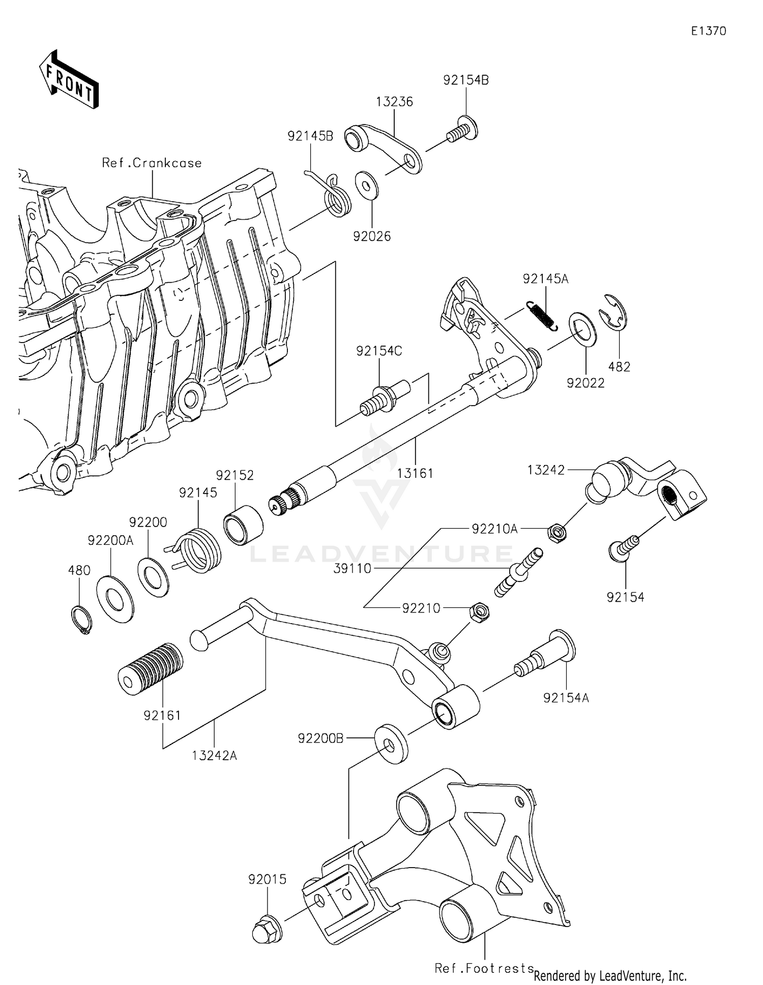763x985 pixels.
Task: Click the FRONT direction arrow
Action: click(69, 80)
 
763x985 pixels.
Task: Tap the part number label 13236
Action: click(394, 102)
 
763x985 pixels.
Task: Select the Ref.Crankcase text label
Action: click(152, 163)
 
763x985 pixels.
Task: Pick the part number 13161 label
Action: click(415, 474)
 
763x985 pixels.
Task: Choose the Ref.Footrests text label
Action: click(484, 969)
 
